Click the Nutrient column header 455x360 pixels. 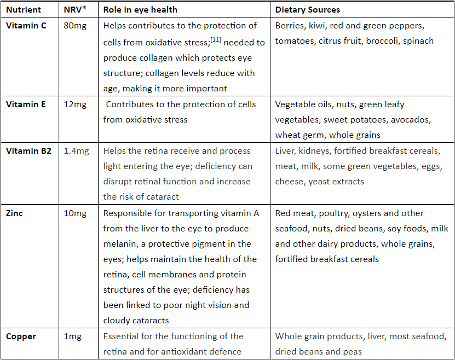click(x=24, y=10)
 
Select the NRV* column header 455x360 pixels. click(x=75, y=10)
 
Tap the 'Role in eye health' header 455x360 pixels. click(x=140, y=10)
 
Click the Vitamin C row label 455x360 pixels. click(x=26, y=26)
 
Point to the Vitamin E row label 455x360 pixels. click(x=26, y=104)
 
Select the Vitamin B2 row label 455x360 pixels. click(x=28, y=151)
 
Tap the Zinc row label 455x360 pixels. click(x=14, y=213)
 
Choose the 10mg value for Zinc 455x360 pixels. click(x=76, y=213)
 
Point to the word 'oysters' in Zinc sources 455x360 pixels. click(x=371, y=213)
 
